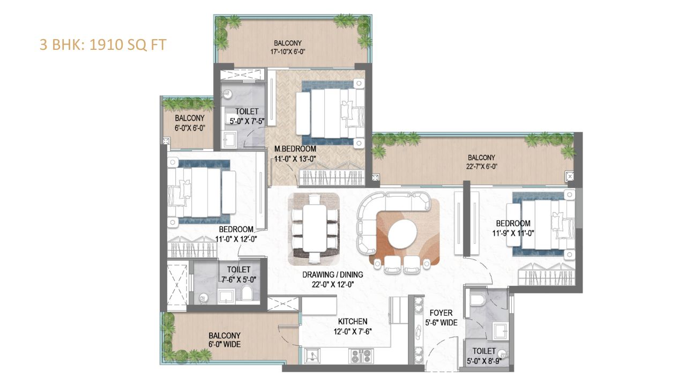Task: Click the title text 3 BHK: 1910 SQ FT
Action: (103, 44)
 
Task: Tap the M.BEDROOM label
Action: (295, 149)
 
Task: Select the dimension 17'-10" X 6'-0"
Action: (288, 52)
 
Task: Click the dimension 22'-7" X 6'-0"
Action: (481, 166)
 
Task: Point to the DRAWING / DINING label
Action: (332, 274)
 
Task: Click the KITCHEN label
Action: (352, 322)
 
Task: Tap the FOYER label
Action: (441, 313)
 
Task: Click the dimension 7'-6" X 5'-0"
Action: (238, 278)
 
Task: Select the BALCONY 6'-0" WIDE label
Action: (225, 340)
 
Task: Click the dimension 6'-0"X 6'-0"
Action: (190, 128)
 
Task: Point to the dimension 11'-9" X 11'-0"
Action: (513, 233)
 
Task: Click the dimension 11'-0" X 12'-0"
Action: (236, 239)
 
